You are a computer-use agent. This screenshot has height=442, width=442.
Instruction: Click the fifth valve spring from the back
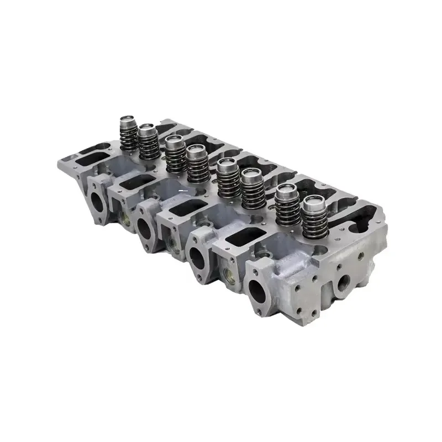[227, 177]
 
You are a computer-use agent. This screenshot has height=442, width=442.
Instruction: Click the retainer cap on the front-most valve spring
[313, 204]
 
